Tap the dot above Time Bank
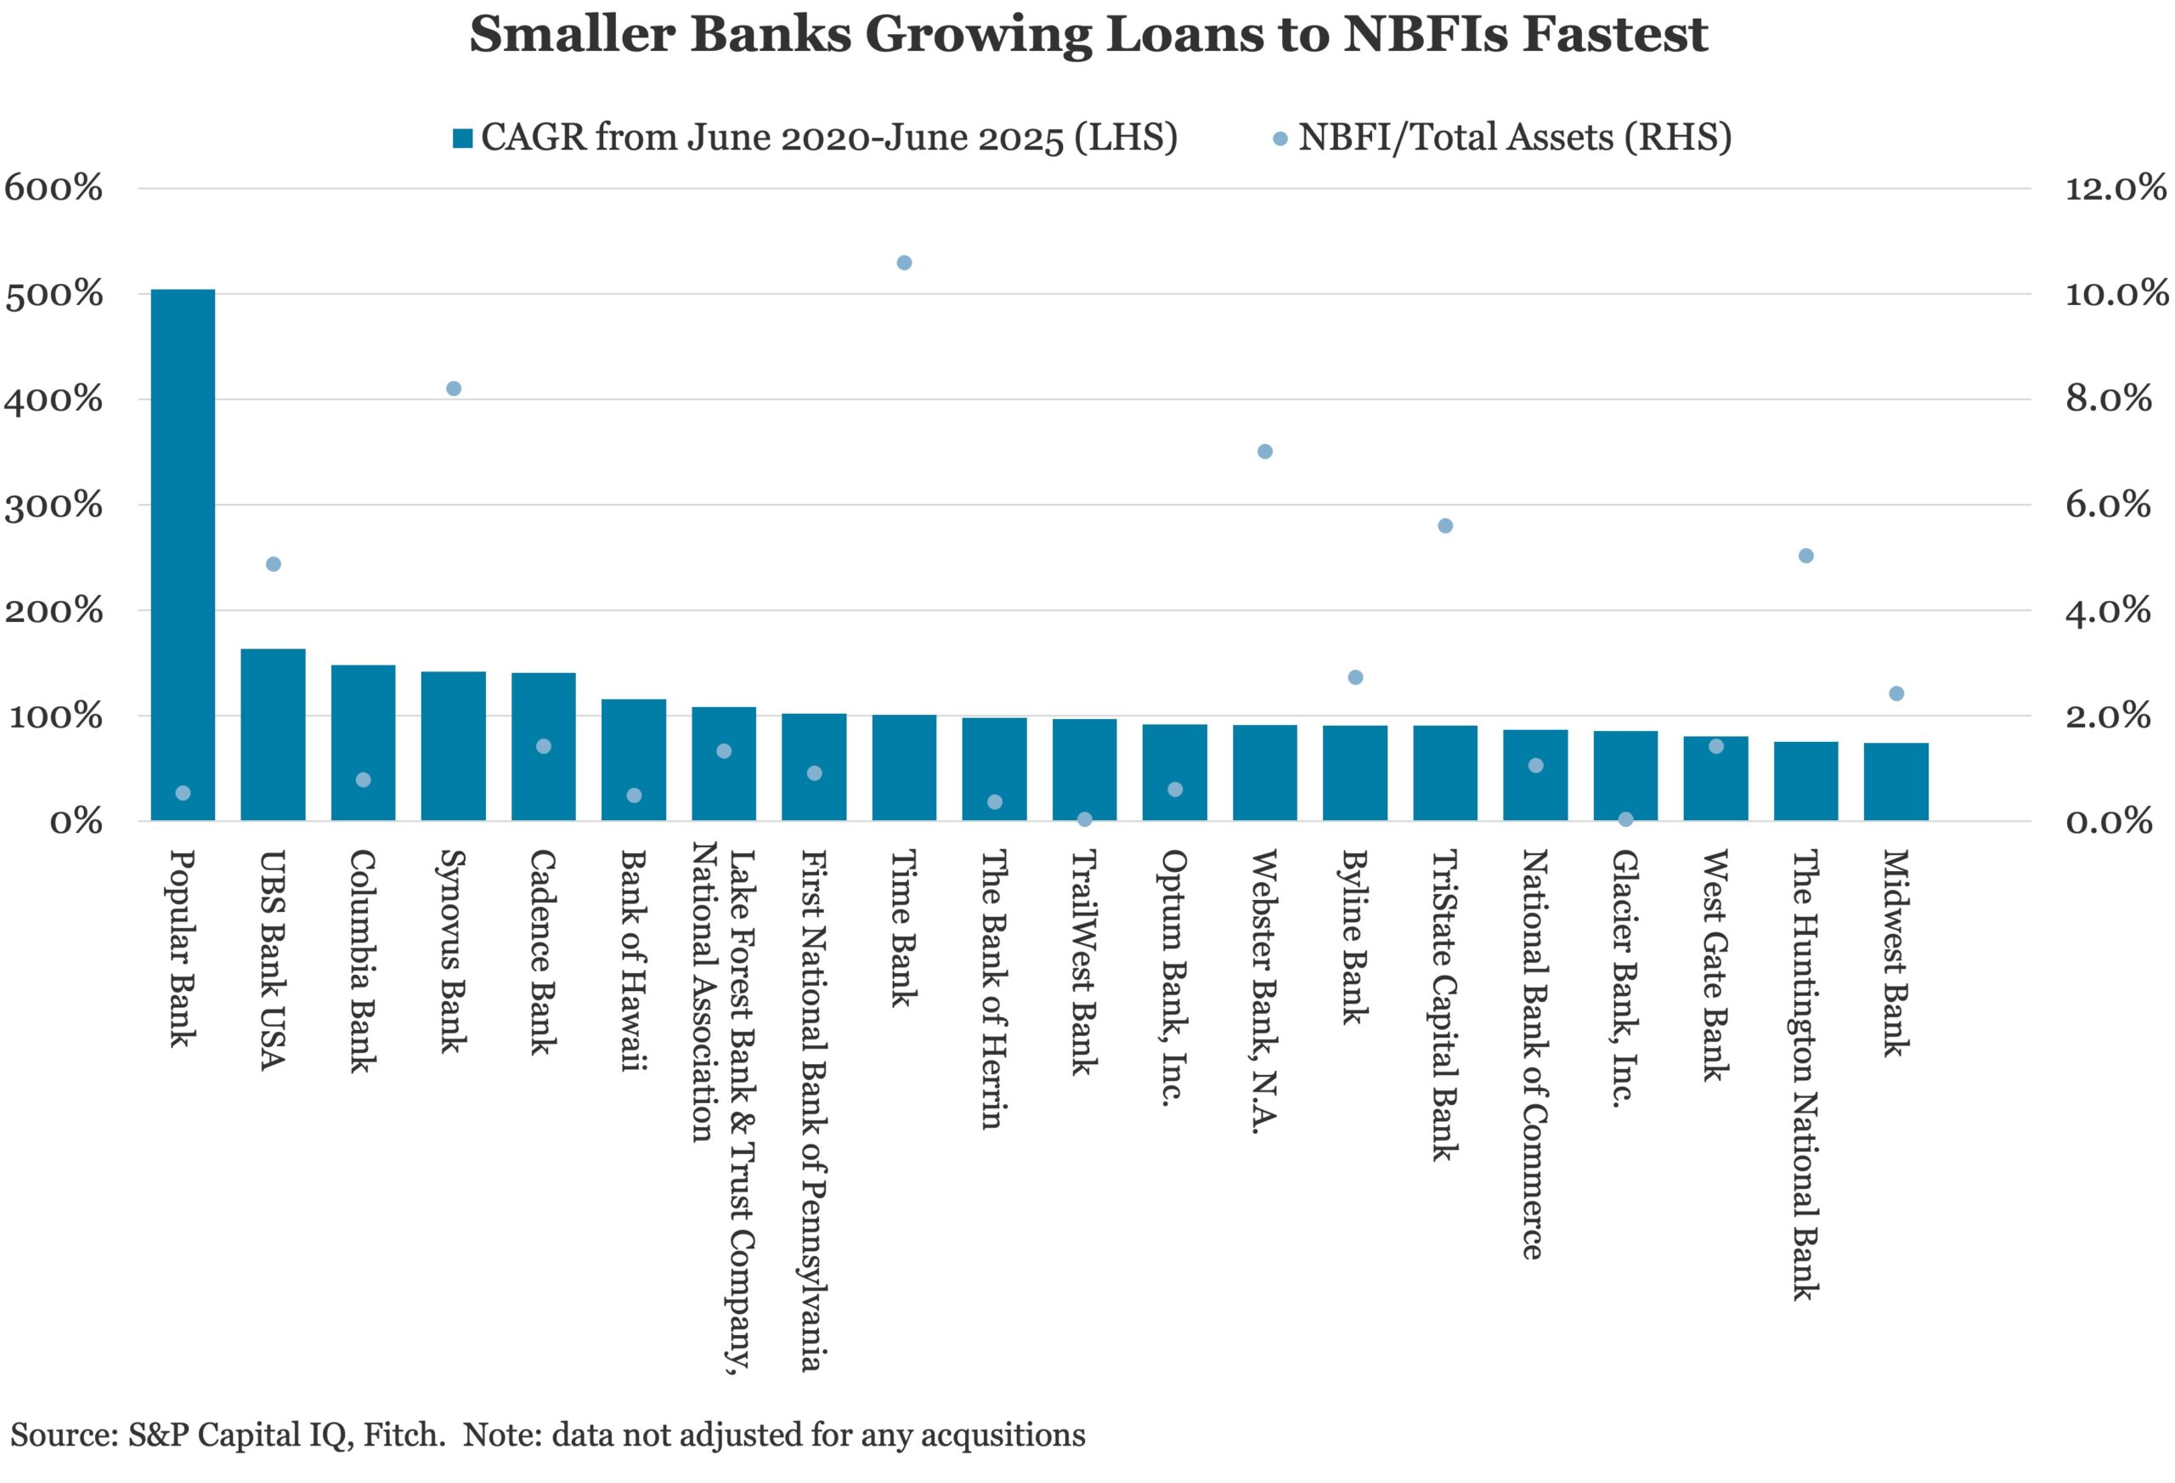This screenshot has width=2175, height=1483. coord(904,263)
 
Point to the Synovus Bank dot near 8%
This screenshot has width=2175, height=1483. coord(454,388)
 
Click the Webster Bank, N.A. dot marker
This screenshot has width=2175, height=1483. coord(1264,451)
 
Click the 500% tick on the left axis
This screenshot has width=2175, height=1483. coord(54,295)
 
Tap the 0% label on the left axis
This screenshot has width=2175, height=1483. coord(75,822)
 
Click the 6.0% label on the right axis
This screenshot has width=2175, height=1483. coord(2108,506)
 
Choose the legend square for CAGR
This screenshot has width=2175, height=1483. coord(462,139)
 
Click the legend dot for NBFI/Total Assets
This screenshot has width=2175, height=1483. coord(1280,139)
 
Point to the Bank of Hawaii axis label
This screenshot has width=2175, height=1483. coord(635,959)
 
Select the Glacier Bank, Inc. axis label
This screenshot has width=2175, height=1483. coord(1625,978)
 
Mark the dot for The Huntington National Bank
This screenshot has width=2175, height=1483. coord(1806,556)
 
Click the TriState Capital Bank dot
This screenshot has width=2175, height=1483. coord(1445,526)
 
